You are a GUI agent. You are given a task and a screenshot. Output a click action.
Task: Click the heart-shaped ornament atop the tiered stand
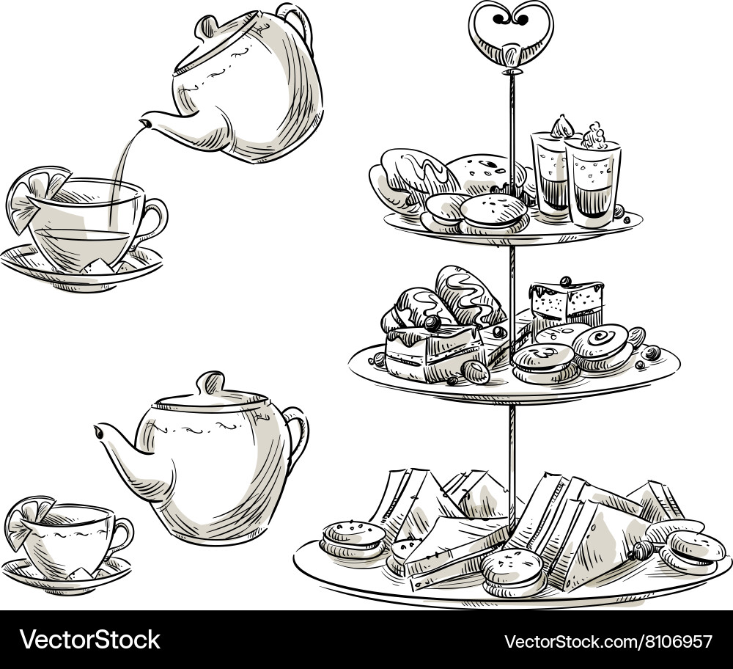512,26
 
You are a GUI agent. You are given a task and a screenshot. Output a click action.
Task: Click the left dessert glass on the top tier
548,172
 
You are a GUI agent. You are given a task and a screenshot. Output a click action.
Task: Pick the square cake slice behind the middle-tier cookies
566,301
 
